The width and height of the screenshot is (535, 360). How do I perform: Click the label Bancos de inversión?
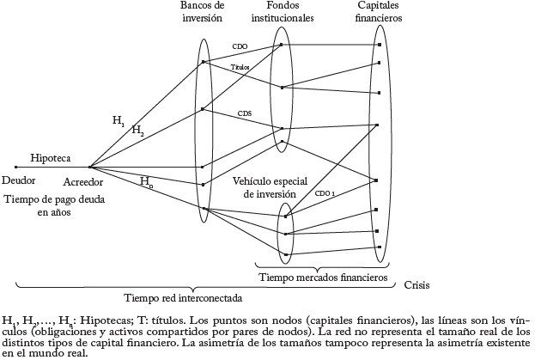point(201,10)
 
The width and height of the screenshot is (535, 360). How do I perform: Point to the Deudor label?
point(19,181)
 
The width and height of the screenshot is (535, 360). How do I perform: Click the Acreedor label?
point(82,182)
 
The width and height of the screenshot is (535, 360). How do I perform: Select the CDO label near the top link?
point(240,45)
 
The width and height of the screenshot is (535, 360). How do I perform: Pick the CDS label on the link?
point(245,113)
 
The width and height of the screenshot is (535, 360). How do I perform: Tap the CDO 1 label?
point(324,194)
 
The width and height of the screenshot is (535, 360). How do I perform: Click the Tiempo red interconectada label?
point(182,298)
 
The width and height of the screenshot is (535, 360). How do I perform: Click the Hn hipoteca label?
point(146,181)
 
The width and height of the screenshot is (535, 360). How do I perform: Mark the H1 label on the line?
point(118,121)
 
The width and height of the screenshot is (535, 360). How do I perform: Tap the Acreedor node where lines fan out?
point(88,167)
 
